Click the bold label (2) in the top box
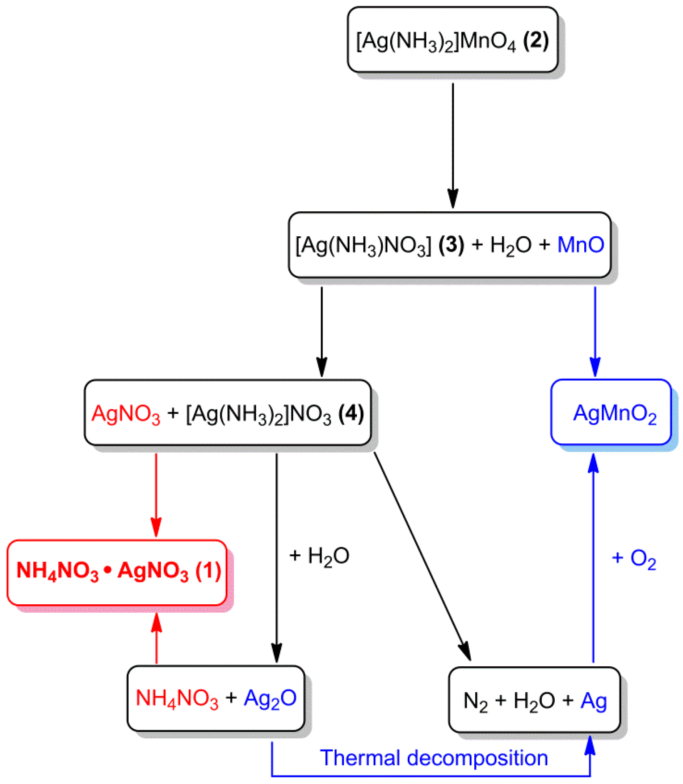[x=536, y=41]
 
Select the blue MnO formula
[x=580, y=245]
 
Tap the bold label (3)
[x=451, y=245]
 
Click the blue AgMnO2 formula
[x=614, y=413]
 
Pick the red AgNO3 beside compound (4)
[x=126, y=414]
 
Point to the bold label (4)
[x=351, y=413]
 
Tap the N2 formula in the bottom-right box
[x=475, y=701]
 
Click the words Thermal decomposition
[x=434, y=758]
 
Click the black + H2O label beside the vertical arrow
[x=319, y=556]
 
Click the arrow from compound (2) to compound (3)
[x=453, y=146]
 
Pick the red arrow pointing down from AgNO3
[x=156, y=495]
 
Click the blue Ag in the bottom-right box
[x=593, y=701]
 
